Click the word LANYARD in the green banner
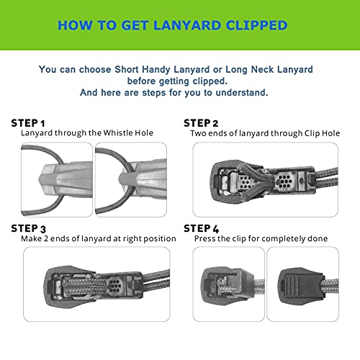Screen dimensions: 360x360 [187, 25]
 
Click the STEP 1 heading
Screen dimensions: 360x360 [28, 123]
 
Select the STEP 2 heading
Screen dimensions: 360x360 [201, 123]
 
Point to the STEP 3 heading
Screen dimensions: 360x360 [28, 228]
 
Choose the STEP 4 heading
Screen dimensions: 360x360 [202, 228]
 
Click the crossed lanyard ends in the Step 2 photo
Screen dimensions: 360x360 [258, 180]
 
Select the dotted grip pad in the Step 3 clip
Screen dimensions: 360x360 [114, 285]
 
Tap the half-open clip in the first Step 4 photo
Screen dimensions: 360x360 [228, 285]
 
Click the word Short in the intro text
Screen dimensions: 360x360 [127, 69]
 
